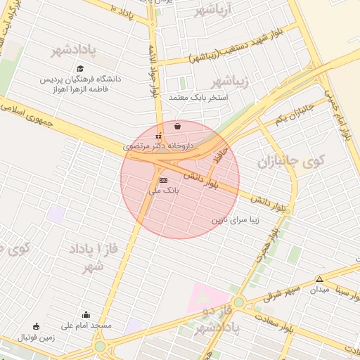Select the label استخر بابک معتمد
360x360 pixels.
click(199, 98)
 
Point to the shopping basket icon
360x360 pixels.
click(177, 127)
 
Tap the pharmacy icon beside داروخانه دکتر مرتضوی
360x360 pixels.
click(158, 136)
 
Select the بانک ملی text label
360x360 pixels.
click(165, 190)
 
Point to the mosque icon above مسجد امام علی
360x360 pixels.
click(86, 315)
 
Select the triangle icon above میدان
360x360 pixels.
click(320, 279)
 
